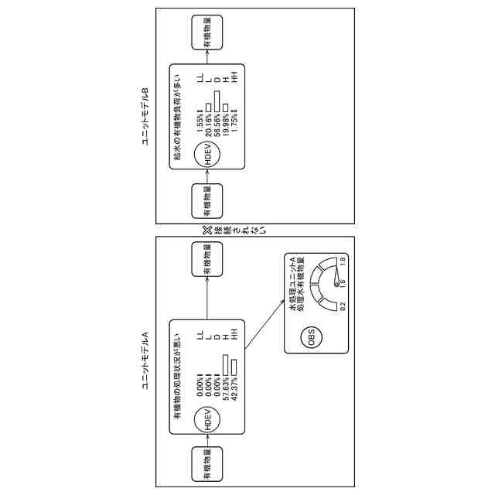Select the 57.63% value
(224, 387)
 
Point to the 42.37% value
(233, 387)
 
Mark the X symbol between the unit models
(207, 229)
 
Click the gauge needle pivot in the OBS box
(337, 284)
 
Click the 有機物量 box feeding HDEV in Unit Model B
(207, 201)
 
